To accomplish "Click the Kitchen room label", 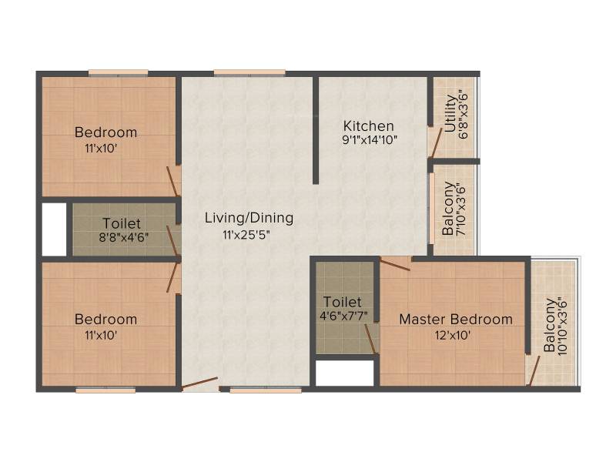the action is click(369, 126).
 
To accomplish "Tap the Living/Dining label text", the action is click(249, 218).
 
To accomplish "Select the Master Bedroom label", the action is click(456, 319).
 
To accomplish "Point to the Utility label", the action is click(450, 113).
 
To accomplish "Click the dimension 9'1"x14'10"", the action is click(370, 139).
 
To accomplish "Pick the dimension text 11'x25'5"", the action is click(246, 236).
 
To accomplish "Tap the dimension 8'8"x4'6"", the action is click(124, 238).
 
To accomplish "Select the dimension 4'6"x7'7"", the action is click(343, 316).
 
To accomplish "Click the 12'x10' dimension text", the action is click(453, 336).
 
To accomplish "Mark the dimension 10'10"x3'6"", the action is click(563, 326).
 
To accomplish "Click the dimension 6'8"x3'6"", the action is click(463, 116).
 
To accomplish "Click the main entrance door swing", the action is click(199, 383).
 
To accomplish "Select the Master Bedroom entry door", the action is click(395, 264).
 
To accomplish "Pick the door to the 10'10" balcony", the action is click(534, 371).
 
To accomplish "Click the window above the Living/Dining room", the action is click(249, 72).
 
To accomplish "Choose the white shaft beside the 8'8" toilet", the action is click(54, 229).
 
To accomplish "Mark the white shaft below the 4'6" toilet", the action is click(344, 373).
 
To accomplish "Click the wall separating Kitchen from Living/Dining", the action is click(316, 130).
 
